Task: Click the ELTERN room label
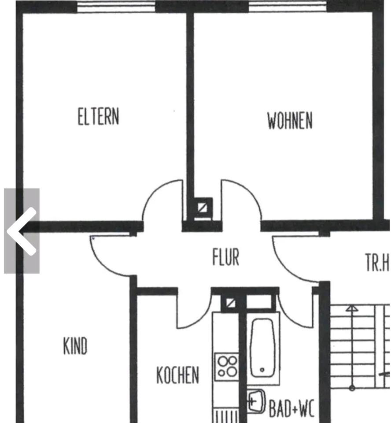(x=98, y=117)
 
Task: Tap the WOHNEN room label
(x=290, y=120)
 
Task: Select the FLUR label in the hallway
(x=225, y=257)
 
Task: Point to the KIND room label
(x=75, y=346)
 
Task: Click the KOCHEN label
(x=177, y=375)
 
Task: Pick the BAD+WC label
(x=291, y=408)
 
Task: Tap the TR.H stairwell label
(x=377, y=263)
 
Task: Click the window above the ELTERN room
(x=116, y=7)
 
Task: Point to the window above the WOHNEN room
(x=288, y=7)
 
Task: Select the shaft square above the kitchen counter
(x=229, y=303)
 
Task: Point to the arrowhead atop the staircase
(x=351, y=308)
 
